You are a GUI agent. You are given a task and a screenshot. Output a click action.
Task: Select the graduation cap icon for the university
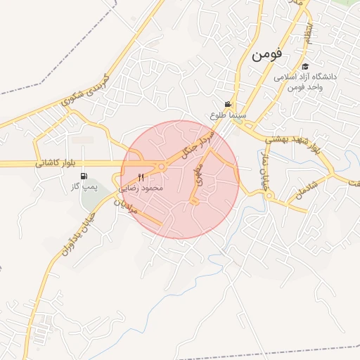pos(305,66)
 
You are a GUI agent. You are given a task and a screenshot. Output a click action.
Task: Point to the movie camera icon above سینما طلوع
pos(227,104)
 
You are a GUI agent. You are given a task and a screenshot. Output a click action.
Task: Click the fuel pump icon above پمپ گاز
pos(84,176)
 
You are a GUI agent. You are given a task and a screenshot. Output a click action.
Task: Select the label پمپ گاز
pos(84,188)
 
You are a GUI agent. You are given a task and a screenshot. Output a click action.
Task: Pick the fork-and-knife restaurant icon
pos(141,176)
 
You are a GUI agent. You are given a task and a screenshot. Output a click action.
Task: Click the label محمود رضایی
pos(141,188)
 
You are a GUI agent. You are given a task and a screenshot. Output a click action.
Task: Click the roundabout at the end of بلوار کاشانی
pos(162,167)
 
